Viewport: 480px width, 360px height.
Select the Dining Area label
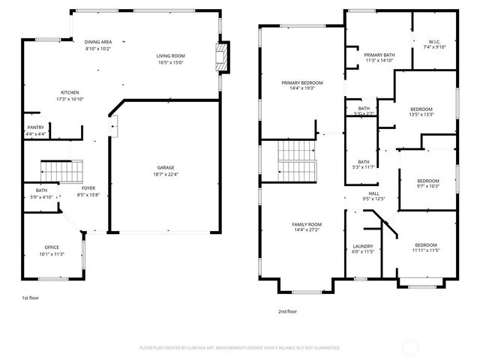[98, 42]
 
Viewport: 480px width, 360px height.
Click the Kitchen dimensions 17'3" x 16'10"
[69, 97]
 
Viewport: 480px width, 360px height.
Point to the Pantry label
[35, 127]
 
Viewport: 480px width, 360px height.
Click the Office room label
[52, 247]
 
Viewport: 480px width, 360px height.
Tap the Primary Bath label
[379, 55]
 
